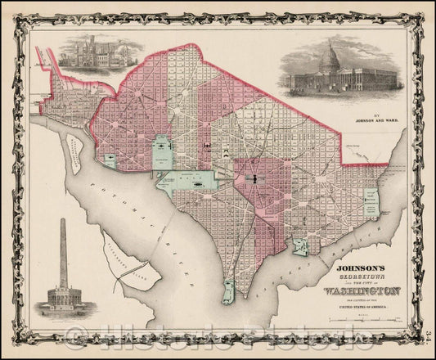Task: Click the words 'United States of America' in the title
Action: [x=350, y=304]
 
